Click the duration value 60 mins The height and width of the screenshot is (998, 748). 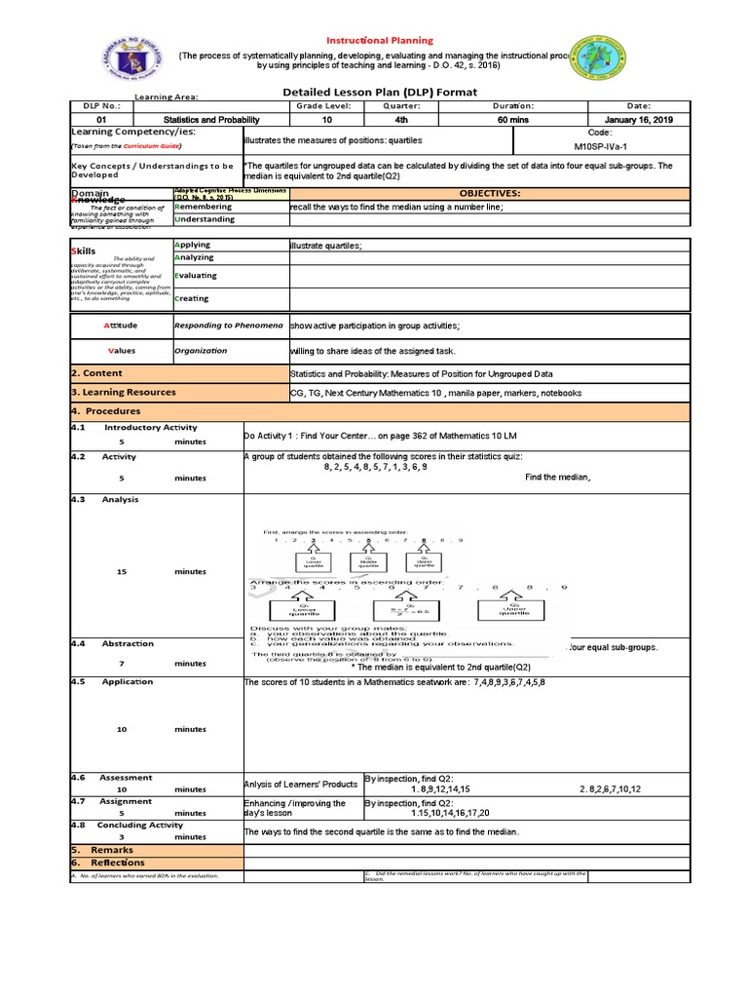click(x=513, y=119)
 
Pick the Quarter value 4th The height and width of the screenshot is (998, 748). click(x=401, y=119)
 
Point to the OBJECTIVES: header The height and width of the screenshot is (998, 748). click(x=490, y=194)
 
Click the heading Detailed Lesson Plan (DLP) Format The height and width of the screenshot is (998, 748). click(x=379, y=93)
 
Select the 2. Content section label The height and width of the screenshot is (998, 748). click(x=96, y=373)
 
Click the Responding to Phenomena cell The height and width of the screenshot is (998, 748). click(x=228, y=325)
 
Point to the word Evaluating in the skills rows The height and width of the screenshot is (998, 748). click(x=196, y=276)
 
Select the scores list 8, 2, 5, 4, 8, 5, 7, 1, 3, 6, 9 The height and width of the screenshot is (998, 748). click(x=375, y=467)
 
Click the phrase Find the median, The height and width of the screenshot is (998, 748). click(x=558, y=478)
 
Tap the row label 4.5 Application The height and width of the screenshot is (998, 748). click(x=128, y=682)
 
